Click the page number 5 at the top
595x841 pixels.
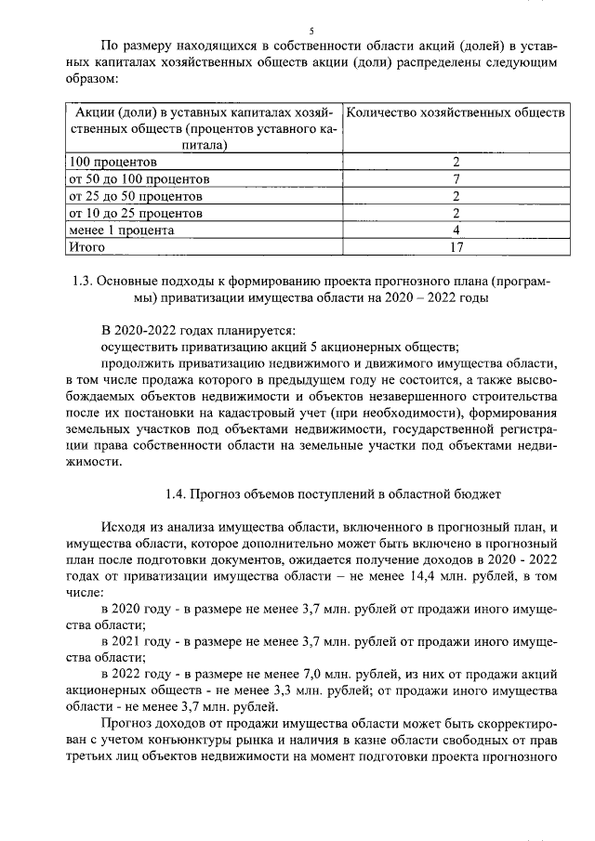297,31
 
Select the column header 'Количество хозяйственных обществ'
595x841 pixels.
455,112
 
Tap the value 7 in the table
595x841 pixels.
456,178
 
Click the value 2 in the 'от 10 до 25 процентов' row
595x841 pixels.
456,213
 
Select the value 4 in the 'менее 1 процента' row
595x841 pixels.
456,230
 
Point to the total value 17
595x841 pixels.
456,247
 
